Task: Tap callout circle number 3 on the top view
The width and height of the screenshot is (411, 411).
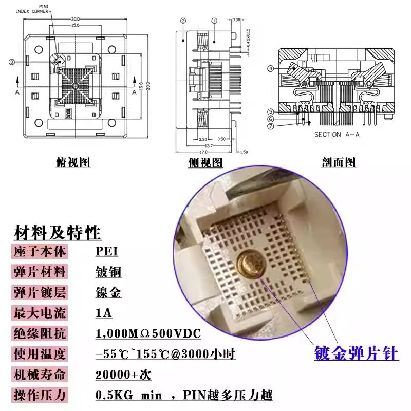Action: (11, 62)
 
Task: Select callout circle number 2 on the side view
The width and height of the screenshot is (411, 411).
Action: (183, 21)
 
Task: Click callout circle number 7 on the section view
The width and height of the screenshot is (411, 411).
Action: (270, 126)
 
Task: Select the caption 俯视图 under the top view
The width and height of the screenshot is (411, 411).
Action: (73, 163)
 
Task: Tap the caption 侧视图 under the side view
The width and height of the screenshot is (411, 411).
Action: (206, 163)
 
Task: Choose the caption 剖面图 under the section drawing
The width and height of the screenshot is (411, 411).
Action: (339, 163)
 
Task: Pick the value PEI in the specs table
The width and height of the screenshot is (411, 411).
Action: (107, 252)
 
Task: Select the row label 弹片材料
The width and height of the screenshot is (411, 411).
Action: (39, 272)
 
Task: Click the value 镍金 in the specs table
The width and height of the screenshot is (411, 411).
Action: (108, 293)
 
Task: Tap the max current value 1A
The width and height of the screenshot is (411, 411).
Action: (104, 313)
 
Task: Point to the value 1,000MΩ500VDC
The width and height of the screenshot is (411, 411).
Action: (148, 334)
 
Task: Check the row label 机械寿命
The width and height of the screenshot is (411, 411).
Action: (39, 375)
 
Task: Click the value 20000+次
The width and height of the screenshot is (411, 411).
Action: (124, 375)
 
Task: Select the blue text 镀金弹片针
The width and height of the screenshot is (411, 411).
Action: (356, 354)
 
